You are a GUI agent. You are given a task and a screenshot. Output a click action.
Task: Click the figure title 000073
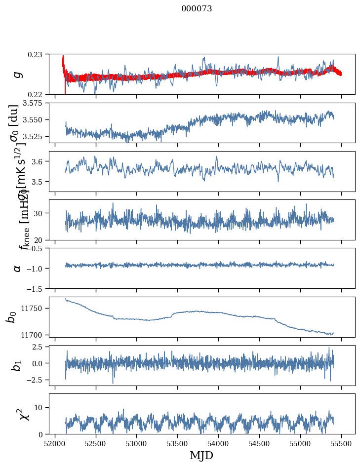click(x=197, y=8)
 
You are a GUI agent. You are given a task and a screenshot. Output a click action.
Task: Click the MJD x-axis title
click(x=201, y=456)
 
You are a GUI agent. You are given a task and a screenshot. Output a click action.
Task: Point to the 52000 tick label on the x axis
click(x=55, y=443)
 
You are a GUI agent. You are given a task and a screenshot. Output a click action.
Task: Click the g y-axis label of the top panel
click(x=18, y=74)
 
